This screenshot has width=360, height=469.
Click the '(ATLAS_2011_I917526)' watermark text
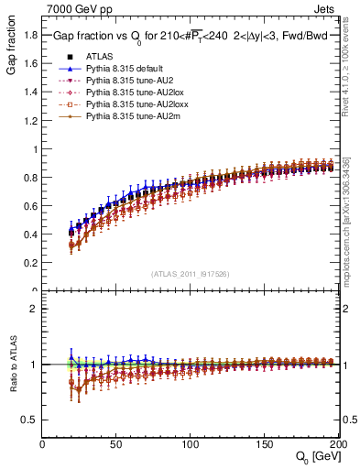pyautogui.click(x=190, y=274)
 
